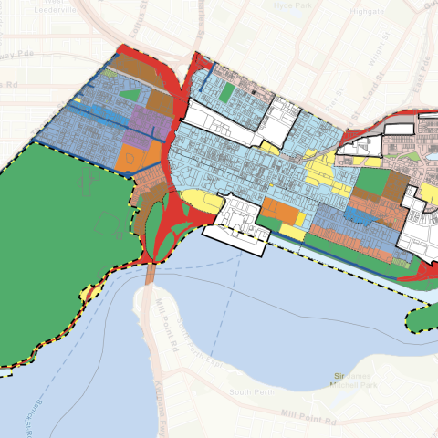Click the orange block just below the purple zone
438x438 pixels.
(x=128, y=155)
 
